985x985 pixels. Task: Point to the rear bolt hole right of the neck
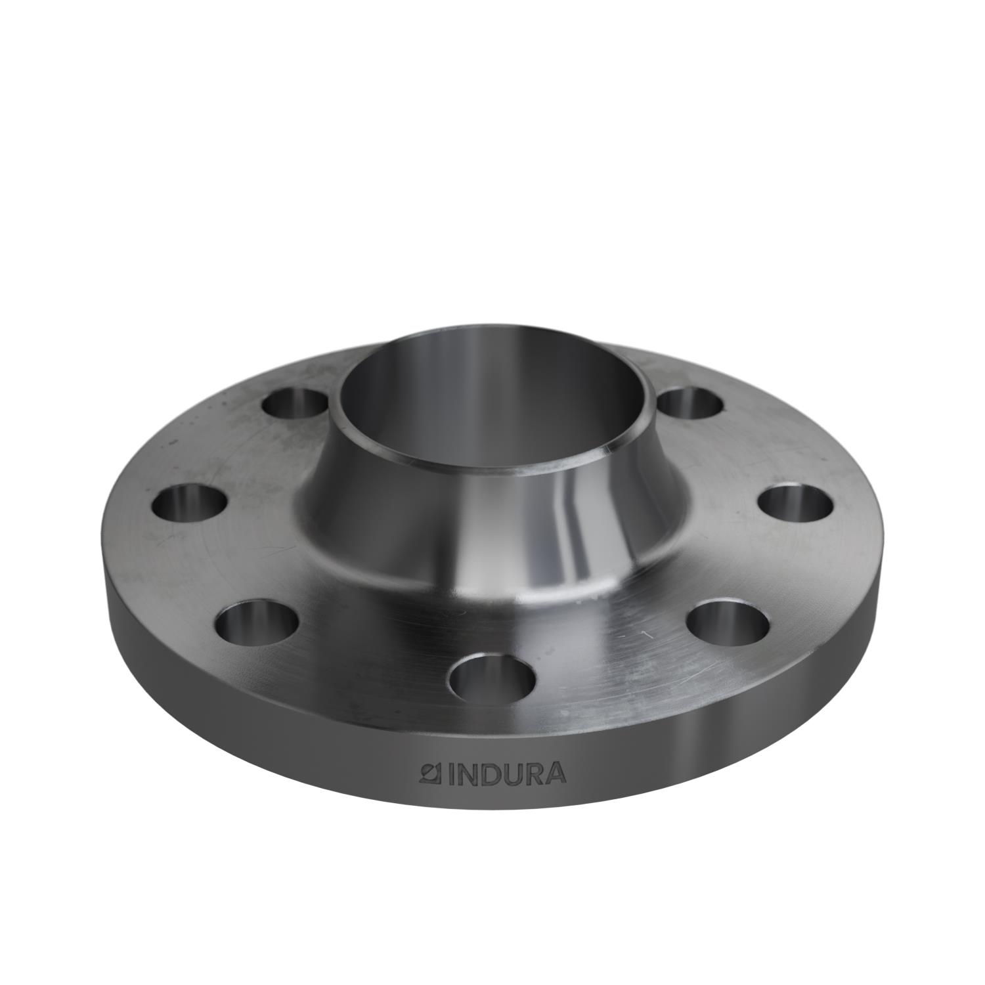pyautogui.click(x=691, y=402)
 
